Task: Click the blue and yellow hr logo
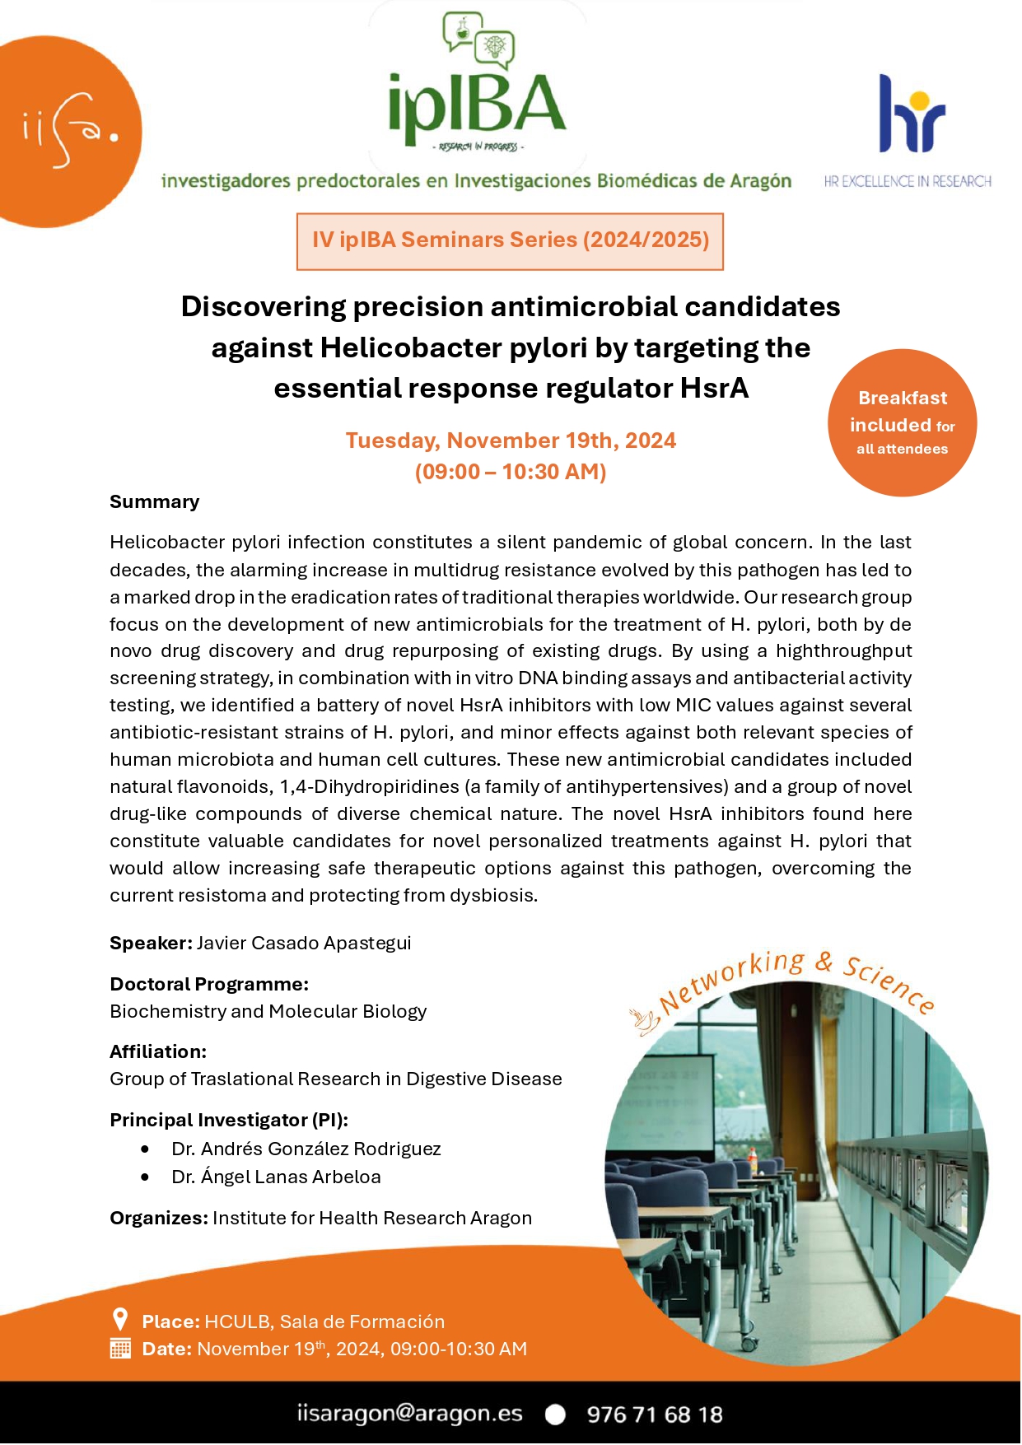click(912, 115)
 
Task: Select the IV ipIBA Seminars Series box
click(510, 240)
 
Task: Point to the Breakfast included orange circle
click(902, 423)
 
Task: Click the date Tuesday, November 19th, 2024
click(511, 440)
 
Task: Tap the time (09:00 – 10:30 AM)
click(511, 472)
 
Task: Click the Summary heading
click(155, 502)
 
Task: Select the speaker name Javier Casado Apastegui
click(304, 944)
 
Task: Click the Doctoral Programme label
click(209, 985)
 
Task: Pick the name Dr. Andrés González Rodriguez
click(306, 1149)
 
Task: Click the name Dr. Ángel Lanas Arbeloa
click(277, 1177)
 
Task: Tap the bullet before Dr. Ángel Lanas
click(145, 1177)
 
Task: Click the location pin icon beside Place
click(120, 1320)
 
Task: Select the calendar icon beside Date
click(120, 1349)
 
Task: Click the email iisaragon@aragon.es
click(410, 1414)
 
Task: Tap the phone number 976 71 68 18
click(655, 1415)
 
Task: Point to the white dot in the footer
click(556, 1415)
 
